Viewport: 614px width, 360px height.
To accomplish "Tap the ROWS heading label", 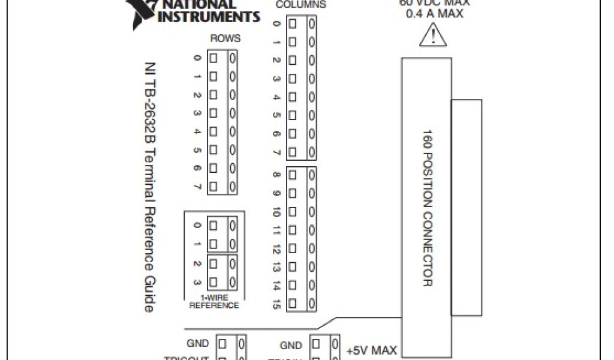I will coord(225,38).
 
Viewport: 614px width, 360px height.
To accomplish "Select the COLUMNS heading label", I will coord(300,5).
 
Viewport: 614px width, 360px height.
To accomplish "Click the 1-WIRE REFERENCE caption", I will coord(214,302).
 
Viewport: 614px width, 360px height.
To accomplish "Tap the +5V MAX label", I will coord(372,350).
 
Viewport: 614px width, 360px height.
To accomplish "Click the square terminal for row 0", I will coord(213,58).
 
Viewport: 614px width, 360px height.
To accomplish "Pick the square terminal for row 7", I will coord(213,186).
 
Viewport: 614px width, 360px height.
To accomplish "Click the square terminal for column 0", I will coord(293,24).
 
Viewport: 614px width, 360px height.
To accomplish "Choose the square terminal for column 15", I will coord(293,304).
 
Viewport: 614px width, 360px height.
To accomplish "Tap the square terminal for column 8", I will coord(293,175).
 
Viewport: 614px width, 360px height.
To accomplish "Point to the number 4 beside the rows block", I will coord(197,131).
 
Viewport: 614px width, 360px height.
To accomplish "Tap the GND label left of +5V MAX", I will coord(291,346).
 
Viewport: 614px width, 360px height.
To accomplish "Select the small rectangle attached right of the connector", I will coord(466,206).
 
